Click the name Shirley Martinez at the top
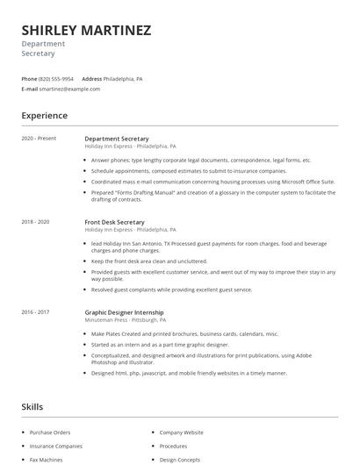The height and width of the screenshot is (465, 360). click(86, 30)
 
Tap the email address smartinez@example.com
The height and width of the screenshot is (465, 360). click(70, 89)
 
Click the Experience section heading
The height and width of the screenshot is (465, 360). click(44, 115)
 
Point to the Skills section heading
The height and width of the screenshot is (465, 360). click(32, 407)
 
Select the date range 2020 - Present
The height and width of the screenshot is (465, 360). click(39, 139)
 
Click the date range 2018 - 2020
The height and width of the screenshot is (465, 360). click(36, 222)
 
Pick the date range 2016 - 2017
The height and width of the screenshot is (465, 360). click(36, 312)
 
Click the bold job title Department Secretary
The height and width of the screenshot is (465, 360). click(116, 139)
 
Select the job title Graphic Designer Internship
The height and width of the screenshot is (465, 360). click(124, 312)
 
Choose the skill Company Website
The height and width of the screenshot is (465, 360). click(181, 433)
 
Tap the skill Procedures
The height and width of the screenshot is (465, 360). click(173, 446)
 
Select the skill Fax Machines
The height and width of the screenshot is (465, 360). click(46, 459)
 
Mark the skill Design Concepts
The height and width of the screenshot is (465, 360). click(180, 459)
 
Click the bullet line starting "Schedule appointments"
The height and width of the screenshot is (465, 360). click(182, 171)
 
